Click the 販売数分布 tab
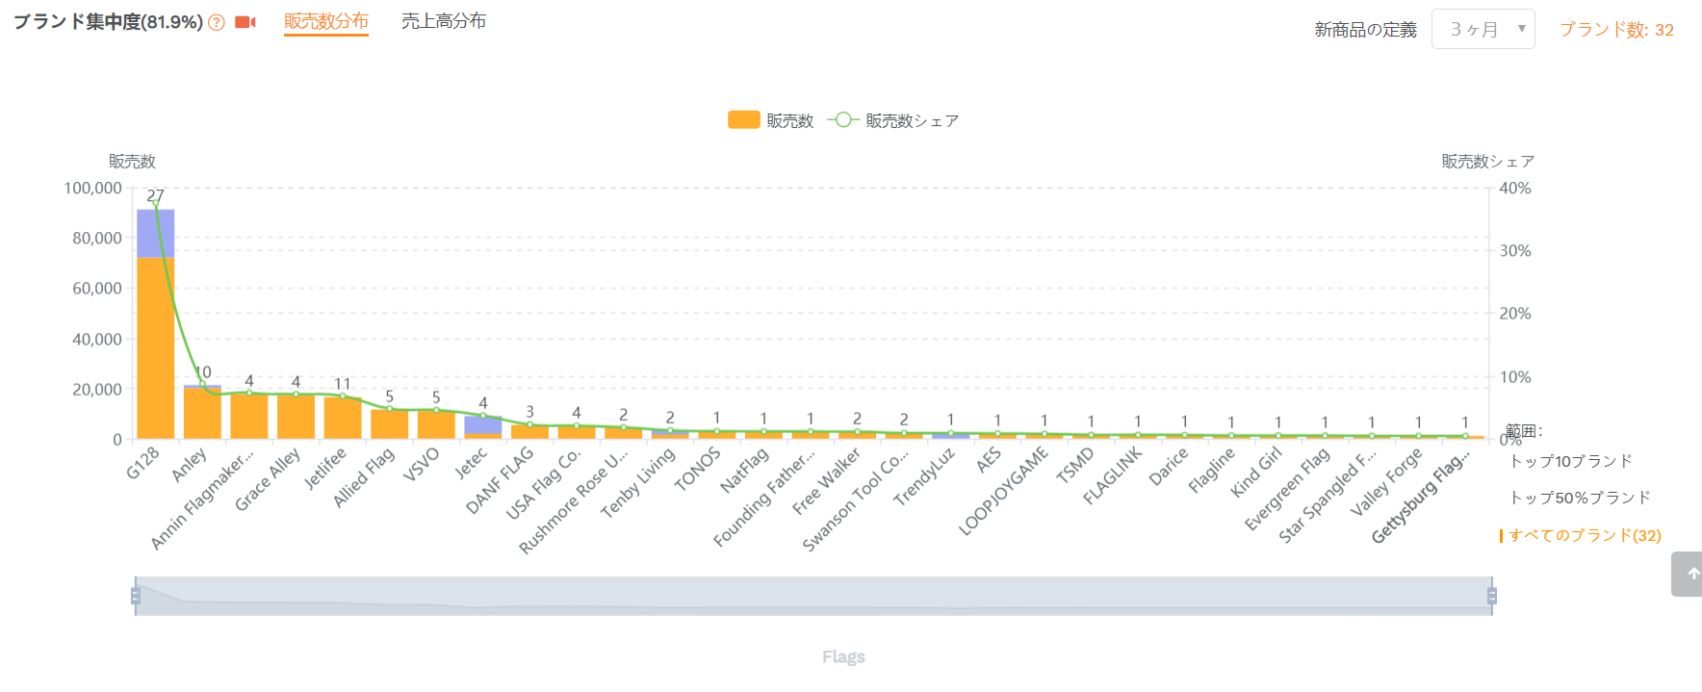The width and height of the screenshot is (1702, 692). pos(326,21)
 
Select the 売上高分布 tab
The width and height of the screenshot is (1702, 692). pos(444,21)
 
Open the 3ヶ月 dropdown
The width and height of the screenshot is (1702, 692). pos(1483,29)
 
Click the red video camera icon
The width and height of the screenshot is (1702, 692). pos(245,22)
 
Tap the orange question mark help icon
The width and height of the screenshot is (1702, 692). pos(217,23)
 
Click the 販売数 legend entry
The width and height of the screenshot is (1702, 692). pos(771,120)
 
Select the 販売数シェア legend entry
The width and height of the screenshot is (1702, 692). pos(893,120)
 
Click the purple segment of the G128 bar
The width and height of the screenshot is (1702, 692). pos(155,233)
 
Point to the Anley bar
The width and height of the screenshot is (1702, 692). pos(202,413)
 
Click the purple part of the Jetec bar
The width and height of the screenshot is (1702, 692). pos(483,424)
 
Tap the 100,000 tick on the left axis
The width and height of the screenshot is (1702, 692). pos(93,188)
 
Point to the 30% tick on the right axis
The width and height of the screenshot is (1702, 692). pos(1515,250)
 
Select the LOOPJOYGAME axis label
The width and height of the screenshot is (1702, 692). pos(1004,491)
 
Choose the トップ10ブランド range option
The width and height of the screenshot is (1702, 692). pos(1571,461)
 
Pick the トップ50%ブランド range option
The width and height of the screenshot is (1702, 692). pos(1580,498)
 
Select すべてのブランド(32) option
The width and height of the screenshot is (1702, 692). pos(1585,535)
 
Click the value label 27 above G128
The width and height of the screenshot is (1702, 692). pos(155,195)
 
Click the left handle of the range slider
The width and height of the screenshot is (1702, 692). pos(136,596)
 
